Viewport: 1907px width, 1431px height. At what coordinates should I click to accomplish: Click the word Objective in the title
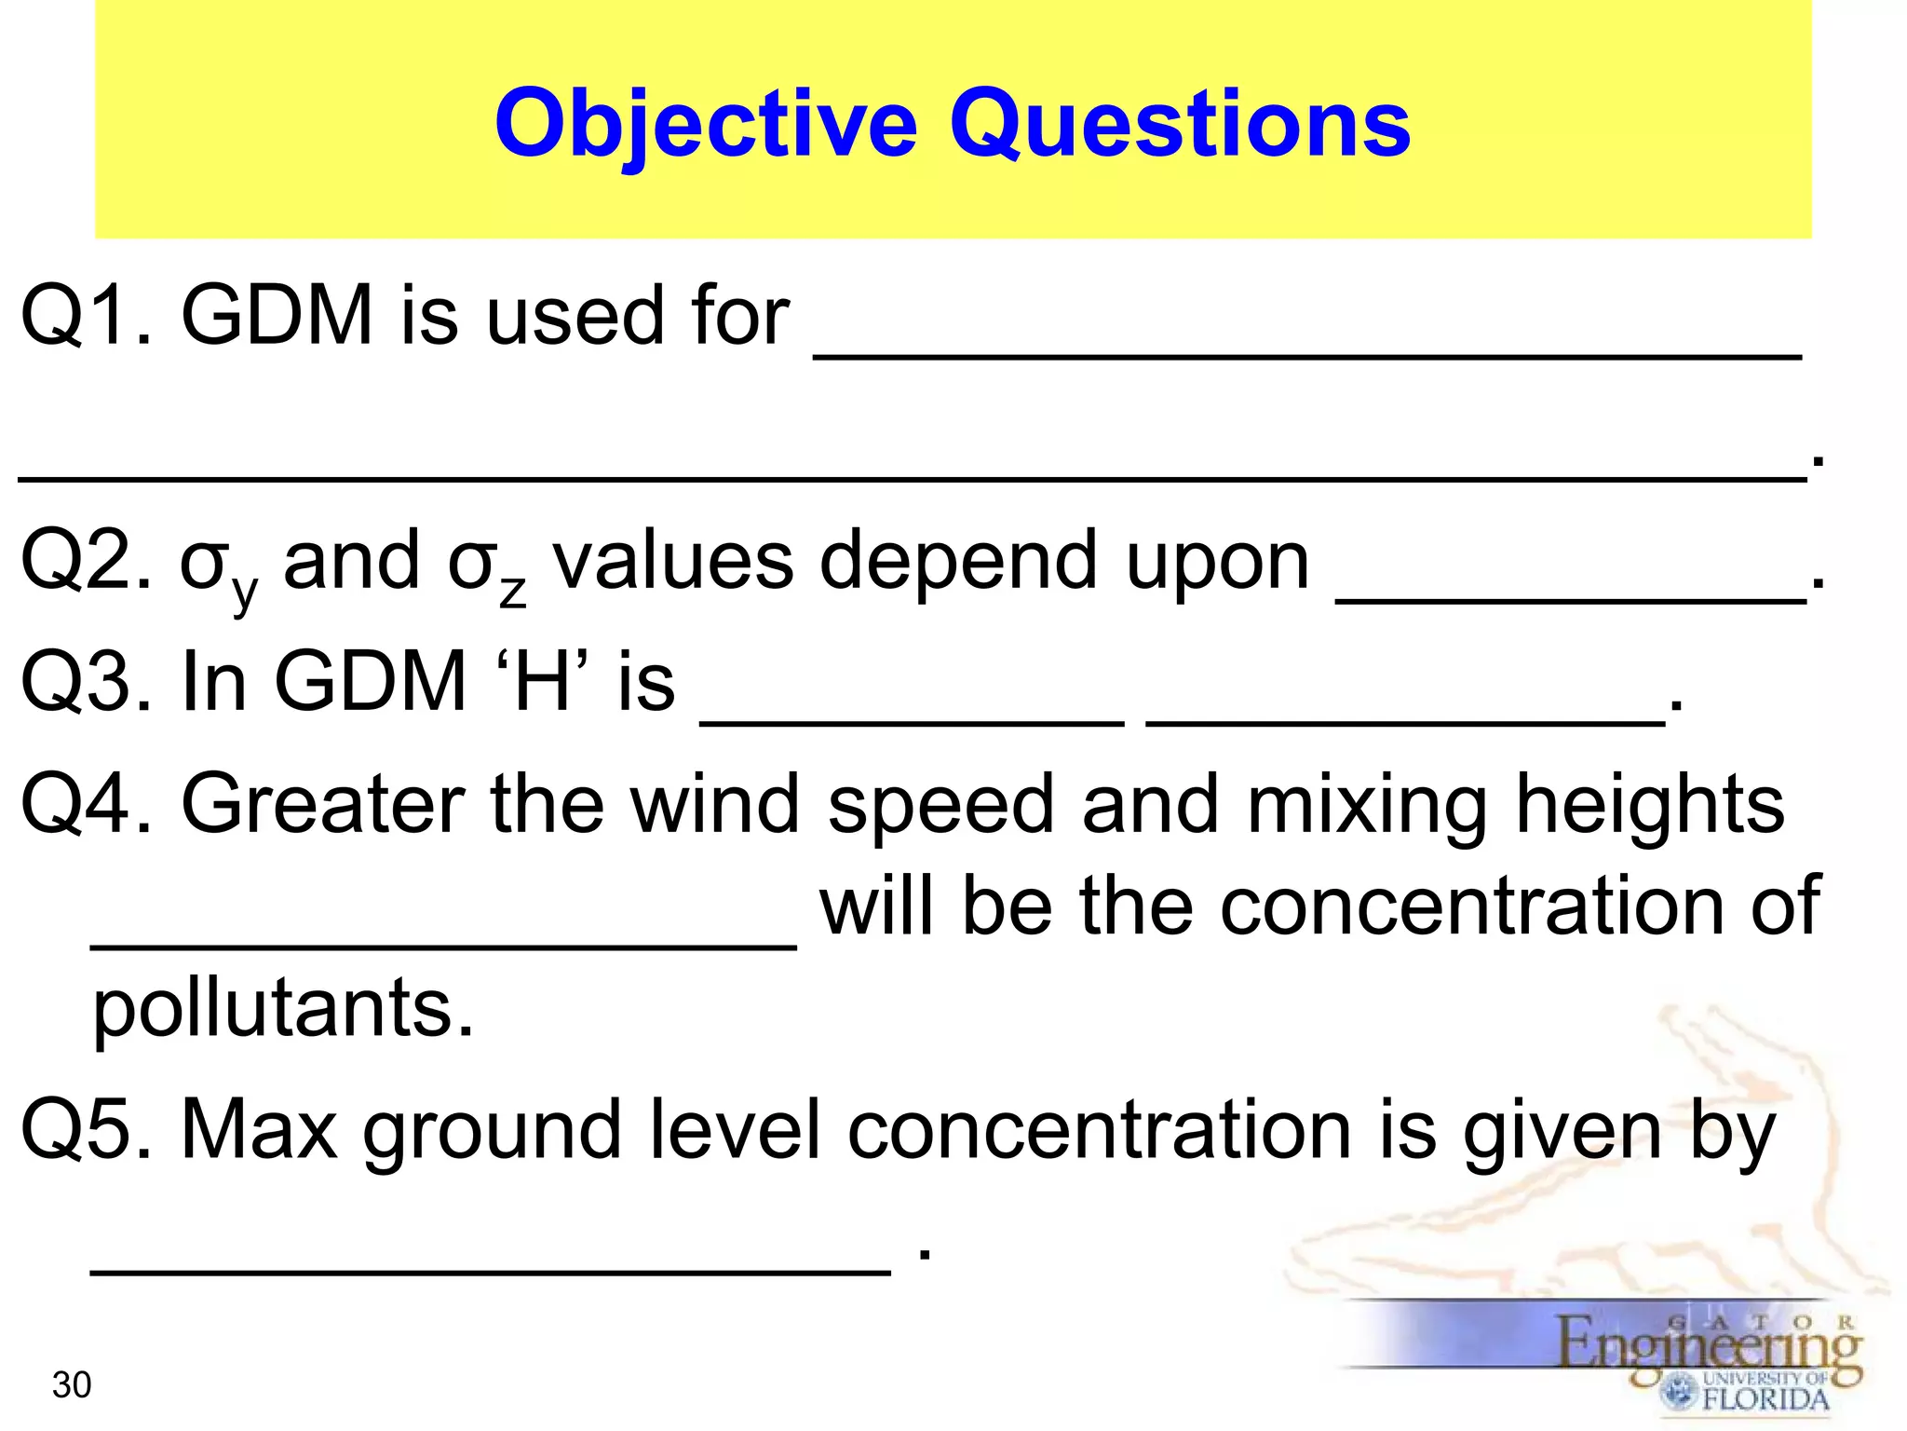point(706,125)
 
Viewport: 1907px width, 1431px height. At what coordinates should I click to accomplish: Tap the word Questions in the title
point(1180,125)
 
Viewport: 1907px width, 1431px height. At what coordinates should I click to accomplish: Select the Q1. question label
point(86,317)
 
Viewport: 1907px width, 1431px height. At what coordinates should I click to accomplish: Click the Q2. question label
point(86,561)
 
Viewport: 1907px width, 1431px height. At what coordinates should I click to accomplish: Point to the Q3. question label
point(86,682)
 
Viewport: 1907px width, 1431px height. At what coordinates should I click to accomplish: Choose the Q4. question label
point(86,804)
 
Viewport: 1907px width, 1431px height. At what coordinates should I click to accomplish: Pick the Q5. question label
point(86,1130)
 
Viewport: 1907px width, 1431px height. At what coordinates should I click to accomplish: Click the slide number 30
point(72,1385)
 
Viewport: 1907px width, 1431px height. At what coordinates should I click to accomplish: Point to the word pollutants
point(283,1010)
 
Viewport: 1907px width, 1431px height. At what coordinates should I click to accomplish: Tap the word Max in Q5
point(259,1130)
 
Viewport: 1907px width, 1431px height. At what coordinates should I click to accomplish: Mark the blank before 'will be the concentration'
point(443,944)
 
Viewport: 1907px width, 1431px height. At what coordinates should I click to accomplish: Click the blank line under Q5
point(491,1270)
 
